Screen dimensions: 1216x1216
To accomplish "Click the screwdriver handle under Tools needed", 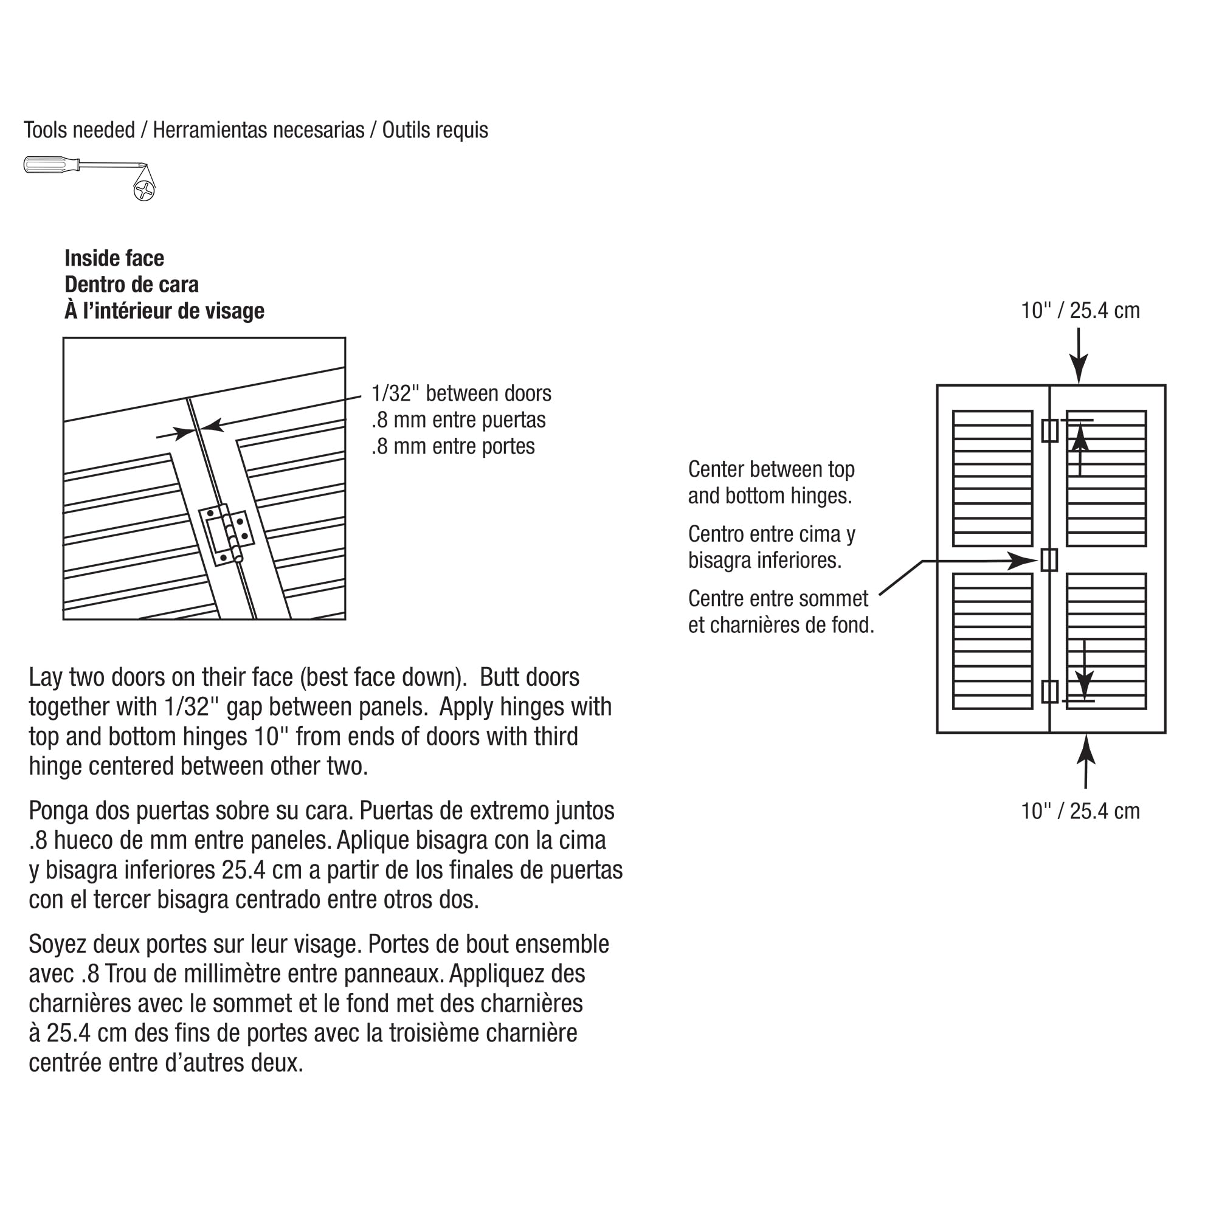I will pos(50,165).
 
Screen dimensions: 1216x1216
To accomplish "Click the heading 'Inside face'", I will pos(114,258).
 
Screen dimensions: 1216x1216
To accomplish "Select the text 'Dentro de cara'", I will pos(131,285).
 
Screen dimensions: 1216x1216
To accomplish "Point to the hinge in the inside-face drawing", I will pos(227,534).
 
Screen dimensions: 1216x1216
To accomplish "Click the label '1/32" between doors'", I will pos(461,393).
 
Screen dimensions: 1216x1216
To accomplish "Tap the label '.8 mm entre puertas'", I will pos(458,420).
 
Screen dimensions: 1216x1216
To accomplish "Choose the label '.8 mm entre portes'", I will pos(452,446).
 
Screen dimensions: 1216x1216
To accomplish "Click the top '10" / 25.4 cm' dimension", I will pos(1080,310).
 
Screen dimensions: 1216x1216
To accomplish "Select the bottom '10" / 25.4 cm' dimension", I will pos(1080,811).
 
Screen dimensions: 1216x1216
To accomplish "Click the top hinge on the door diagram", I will pos(1049,431).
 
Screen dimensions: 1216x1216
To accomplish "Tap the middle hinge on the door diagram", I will pos(1049,559).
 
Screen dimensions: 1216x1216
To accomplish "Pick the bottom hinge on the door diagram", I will pos(1049,692).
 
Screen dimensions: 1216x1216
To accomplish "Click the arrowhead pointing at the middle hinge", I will pos(1023,560).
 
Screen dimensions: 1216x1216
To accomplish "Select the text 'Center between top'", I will pos(771,469).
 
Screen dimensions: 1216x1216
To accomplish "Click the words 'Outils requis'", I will pos(435,130).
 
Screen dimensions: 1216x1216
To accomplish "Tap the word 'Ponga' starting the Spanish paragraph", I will pos(58,810).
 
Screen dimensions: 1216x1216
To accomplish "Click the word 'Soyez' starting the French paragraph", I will pos(58,944).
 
